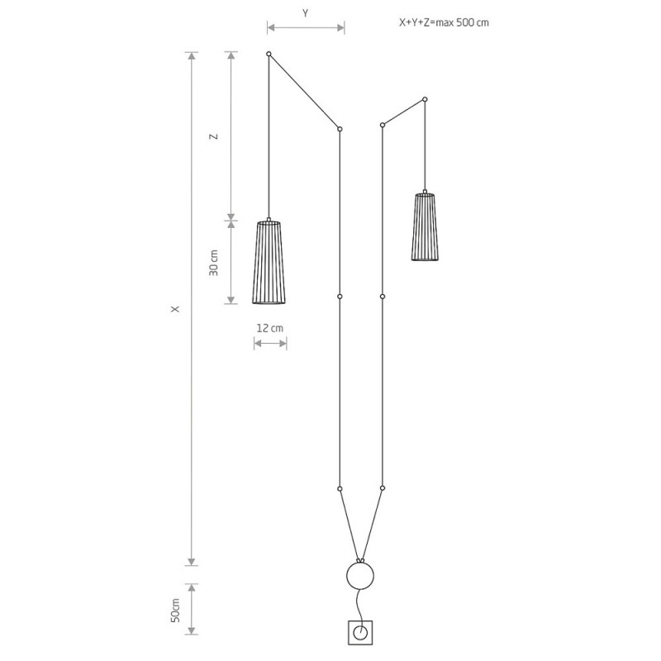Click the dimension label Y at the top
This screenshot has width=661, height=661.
(x=305, y=13)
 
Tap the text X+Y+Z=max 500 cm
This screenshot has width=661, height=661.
(x=444, y=22)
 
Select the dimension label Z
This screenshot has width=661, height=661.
(x=215, y=136)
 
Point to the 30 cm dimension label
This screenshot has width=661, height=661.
(x=214, y=263)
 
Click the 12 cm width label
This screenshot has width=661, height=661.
(x=270, y=328)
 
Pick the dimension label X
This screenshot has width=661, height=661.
(x=175, y=309)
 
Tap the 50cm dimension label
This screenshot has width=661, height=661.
(x=175, y=610)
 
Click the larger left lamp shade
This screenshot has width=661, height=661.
(x=269, y=261)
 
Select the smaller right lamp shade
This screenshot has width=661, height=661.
(x=425, y=226)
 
